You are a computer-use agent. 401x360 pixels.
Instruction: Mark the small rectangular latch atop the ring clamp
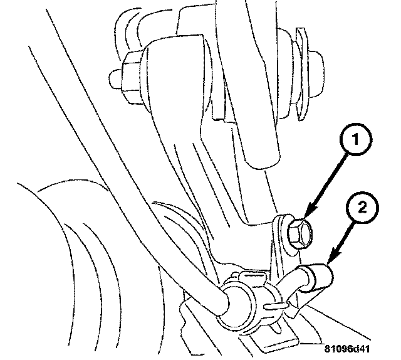coord(251,276)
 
